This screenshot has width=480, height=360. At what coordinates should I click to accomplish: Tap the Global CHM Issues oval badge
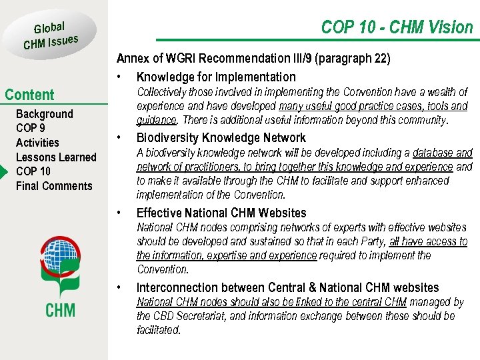[51, 35]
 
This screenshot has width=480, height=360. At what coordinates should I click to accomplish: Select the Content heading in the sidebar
[29, 95]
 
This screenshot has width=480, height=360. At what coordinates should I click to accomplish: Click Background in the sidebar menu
[44, 114]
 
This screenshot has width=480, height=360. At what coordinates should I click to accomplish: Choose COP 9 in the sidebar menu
[31, 128]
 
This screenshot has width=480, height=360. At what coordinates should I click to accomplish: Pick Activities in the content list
[37, 143]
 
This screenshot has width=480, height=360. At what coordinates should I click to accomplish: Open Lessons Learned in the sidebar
[56, 157]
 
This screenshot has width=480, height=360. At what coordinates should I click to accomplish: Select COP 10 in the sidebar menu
[33, 171]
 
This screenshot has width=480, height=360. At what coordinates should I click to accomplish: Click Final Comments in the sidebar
[54, 186]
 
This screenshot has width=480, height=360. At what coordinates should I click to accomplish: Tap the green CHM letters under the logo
[60, 309]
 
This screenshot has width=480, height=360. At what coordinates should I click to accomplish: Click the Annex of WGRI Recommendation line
[253, 59]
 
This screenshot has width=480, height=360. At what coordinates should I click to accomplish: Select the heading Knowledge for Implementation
[216, 77]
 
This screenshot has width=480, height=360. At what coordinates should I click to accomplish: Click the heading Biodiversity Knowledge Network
[221, 138]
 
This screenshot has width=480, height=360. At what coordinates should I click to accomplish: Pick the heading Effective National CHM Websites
[221, 213]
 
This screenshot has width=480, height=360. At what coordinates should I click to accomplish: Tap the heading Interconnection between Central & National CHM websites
[287, 288]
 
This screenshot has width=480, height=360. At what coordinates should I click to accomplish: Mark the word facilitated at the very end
[158, 330]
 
